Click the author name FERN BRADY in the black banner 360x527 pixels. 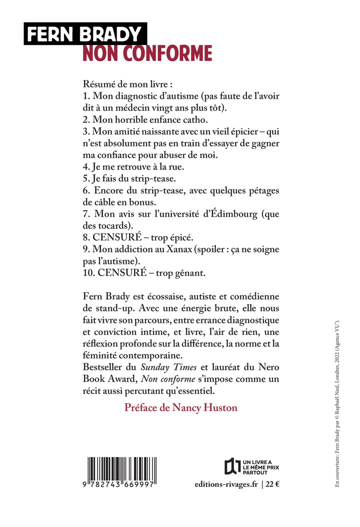84,34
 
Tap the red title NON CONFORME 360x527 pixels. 147,53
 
